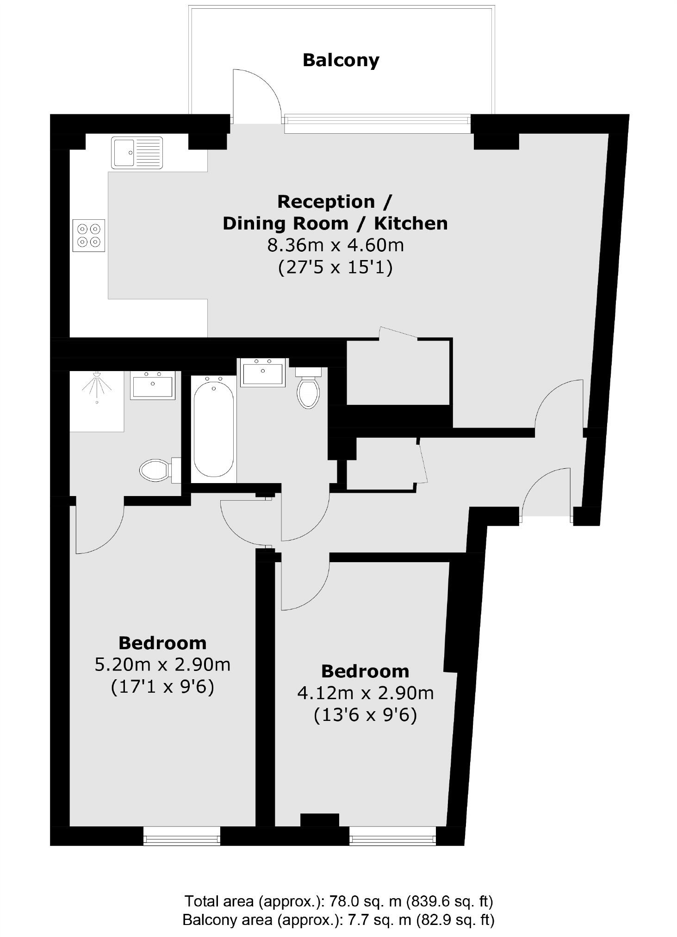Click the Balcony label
pyautogui.click(x=341, y=60)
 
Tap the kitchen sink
pyautogui.click(x=137, y=152)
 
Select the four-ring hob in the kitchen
pyautogui.click(x=88, y=235)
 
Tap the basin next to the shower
pyautogui.click(x=152, y=385)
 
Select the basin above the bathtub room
pyautogui.click(x=262, y=372)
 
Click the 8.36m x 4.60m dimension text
pyautogui.click(x=335, y=245)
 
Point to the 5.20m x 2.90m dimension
pyautogui.click(x=162, y=664)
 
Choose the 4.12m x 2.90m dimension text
pyautogui.click(x=365, y=693)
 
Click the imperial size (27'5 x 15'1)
pyautogui.click(x=335, y=267)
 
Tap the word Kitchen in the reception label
pyautogui.click(x=410, y=223)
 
